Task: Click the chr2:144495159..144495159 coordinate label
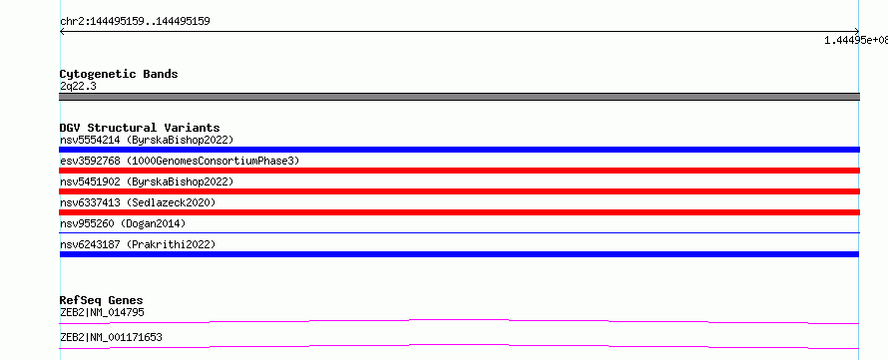point(135,22)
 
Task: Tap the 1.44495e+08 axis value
point(856,40)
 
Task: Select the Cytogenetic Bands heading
point(119,74)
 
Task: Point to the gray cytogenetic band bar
point(459,97)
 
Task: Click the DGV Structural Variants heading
point(140,128)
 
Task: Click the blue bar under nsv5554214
point(459,150)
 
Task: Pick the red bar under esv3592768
point(459,171)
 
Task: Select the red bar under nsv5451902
point(459,191)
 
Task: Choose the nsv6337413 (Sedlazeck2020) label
point(138,202)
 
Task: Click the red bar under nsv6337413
point(459,212)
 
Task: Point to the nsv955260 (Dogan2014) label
point(123,223)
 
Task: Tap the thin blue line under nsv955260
point(459,232)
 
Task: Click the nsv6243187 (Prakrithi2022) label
point(138,244)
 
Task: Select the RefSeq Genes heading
point(101,300)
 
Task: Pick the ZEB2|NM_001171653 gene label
point(111,337)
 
